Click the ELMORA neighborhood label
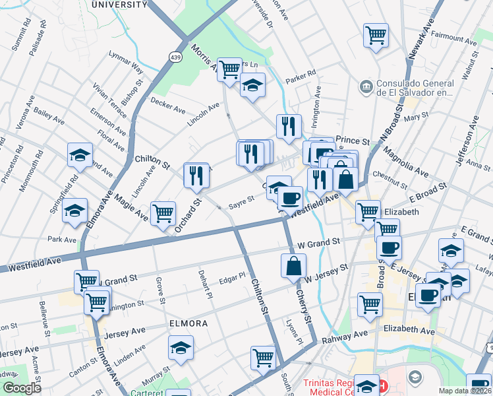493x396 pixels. [x=188, y=323]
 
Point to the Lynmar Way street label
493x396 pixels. [x=126, y=67]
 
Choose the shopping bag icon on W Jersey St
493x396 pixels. [x=293, y=265]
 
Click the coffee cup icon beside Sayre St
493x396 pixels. [x=290, y=197]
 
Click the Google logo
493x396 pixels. [x=22, y=388]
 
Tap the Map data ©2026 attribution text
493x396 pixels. [x=465, y=391]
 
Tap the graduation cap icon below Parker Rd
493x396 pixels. [x=252, y=86]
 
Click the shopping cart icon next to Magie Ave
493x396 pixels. [x=163, y=213]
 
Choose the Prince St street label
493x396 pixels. [x=353, y=141]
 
